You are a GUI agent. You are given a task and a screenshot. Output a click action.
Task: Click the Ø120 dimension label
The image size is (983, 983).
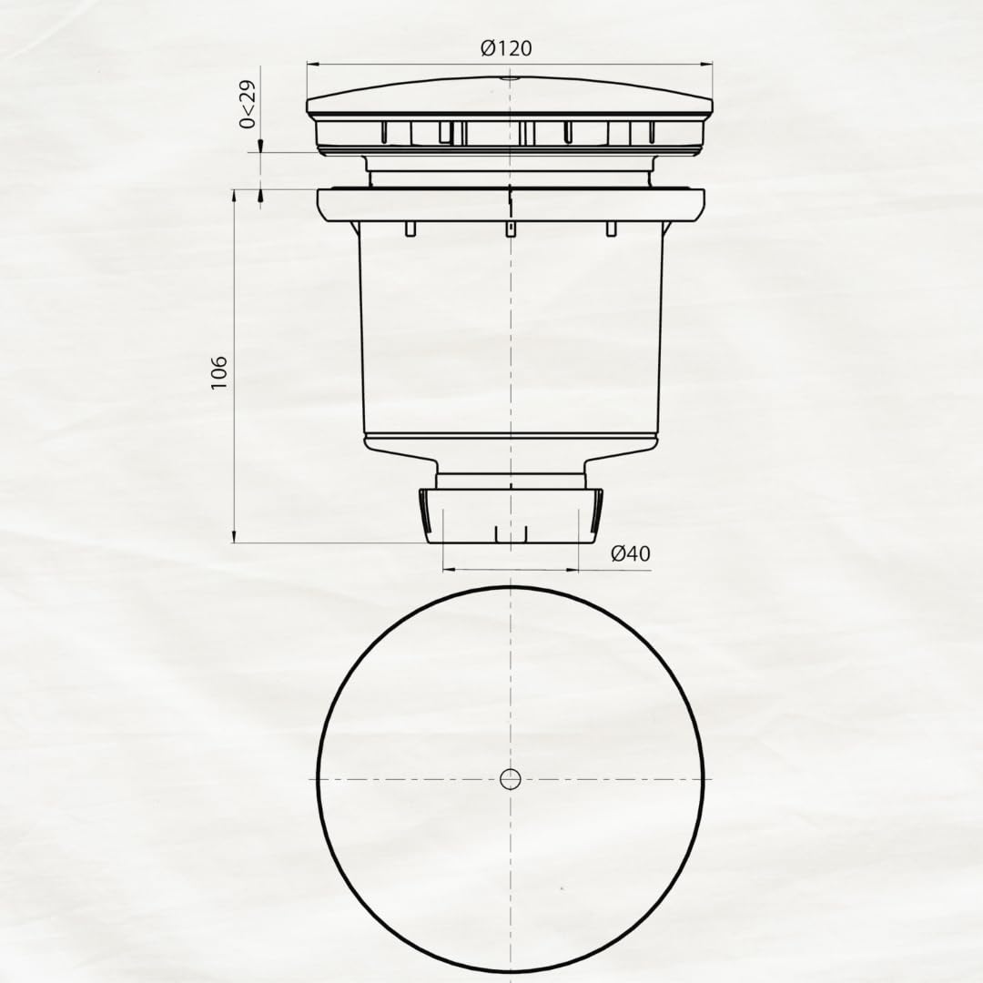(507, 47)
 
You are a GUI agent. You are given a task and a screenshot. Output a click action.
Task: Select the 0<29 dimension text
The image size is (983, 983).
(248, 104)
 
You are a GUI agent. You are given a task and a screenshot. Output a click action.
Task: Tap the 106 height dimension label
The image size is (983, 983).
(218, 373)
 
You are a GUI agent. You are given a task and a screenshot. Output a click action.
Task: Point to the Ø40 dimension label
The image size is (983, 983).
(631, 553)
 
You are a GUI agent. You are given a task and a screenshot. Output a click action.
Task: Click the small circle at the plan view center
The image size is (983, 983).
(511, 778)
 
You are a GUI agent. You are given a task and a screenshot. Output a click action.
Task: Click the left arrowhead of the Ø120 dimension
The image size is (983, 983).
(313, 64)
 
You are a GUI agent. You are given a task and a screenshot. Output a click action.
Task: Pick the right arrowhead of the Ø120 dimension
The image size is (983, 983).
(706, 64)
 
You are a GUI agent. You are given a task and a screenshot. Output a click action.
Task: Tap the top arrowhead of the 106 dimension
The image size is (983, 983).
(234, 197)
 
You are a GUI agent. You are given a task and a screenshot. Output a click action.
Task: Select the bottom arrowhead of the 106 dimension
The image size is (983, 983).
(234, 535)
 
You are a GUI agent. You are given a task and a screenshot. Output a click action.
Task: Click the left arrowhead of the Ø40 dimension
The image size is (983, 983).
(450, 570)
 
